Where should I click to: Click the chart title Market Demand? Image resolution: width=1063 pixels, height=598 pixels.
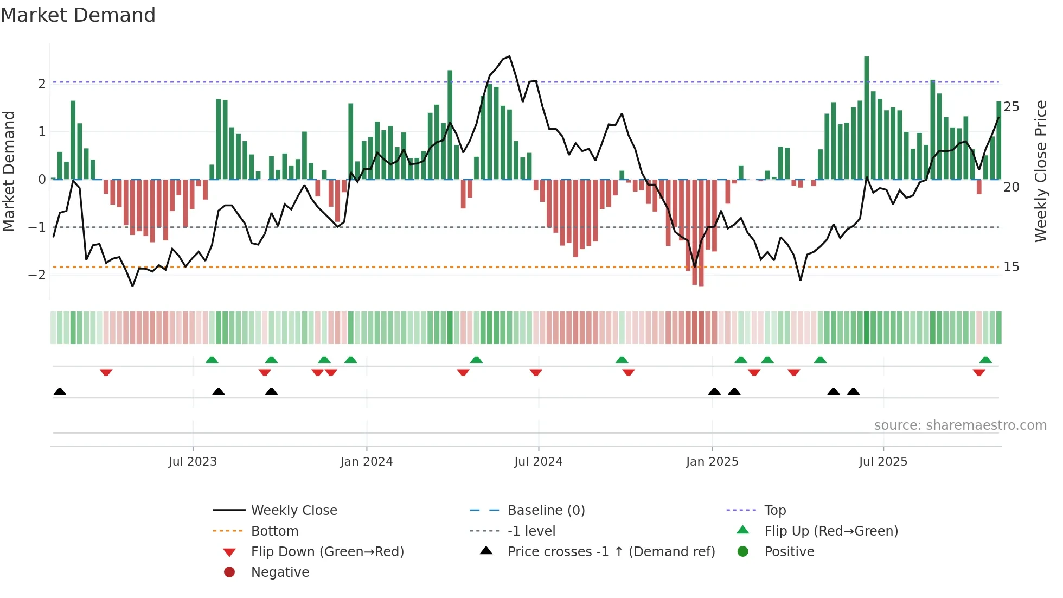click(78, 15)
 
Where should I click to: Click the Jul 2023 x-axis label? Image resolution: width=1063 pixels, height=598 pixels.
click(193, 462)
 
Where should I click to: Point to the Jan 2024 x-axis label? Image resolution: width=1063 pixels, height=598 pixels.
click(366, 462)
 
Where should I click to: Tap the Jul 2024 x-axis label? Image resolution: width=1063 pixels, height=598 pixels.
click(538, 462)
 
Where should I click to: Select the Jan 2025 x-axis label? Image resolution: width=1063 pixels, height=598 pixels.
click(712, 462)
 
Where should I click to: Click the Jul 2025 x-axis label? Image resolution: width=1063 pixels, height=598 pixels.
click(883, 462)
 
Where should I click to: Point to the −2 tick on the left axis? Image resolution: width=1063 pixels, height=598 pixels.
click(37, 275)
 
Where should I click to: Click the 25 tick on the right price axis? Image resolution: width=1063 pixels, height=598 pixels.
click(1011, 107)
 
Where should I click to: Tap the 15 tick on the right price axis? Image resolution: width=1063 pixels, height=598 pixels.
click(1011, 267)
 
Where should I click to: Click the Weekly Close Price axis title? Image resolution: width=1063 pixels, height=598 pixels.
click(1040, 171)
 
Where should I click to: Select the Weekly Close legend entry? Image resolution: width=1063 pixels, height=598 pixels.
click(293, 511)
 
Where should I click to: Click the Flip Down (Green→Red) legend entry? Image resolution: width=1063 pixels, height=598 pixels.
click(327, 552)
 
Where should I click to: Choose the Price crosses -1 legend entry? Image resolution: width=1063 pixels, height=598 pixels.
click(611, 552)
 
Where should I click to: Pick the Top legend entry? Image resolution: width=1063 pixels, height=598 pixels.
click(774, 511)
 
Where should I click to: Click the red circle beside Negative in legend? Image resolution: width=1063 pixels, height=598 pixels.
click(229, 572)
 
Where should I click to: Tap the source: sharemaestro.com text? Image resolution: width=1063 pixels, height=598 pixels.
click(960, 425)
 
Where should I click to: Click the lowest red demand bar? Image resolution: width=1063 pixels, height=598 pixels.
click(701, 233)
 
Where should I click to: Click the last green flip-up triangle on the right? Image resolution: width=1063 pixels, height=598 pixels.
click(985, 360)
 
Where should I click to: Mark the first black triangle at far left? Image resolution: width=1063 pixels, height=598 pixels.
click(60, 392)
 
